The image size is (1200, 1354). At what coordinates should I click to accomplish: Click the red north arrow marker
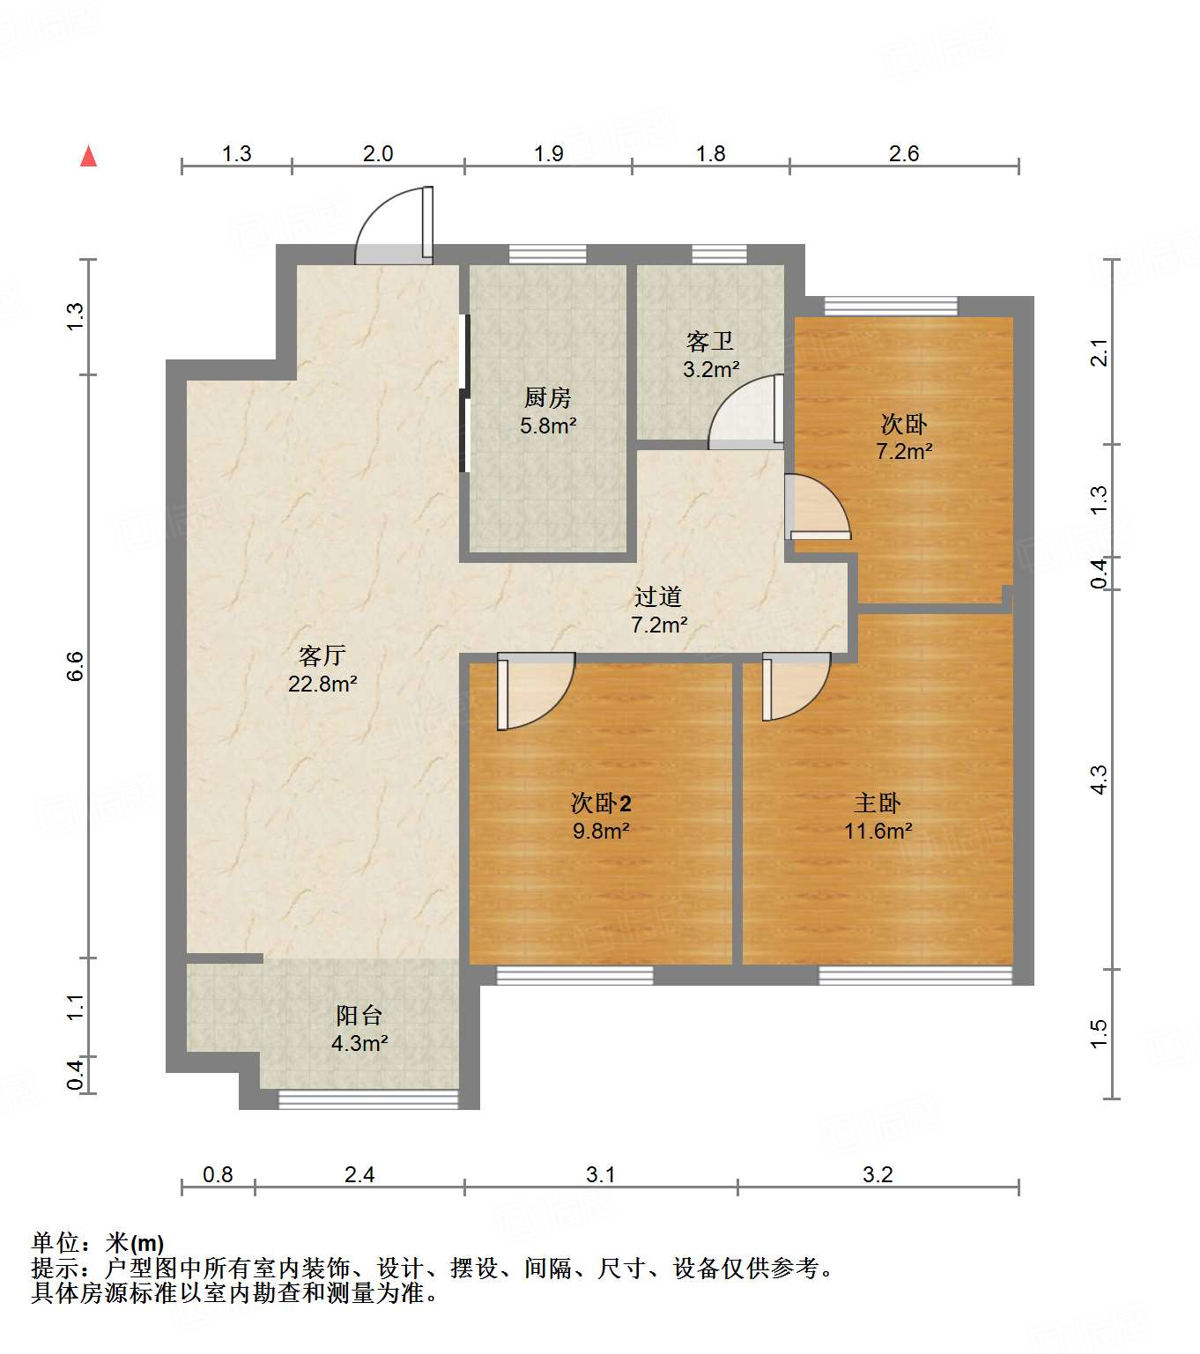(88, 156)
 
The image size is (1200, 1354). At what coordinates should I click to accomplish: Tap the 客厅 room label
(322, 655)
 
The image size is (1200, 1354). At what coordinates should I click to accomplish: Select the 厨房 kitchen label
(547, 397)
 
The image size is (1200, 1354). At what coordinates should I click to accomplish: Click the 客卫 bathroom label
(709, 341)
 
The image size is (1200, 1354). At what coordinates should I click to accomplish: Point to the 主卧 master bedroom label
(878, 803)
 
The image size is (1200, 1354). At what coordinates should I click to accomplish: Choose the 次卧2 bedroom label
(601, 803)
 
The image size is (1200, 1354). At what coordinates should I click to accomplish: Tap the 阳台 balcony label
(359, 1015)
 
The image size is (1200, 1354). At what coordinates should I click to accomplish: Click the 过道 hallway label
(657, 596)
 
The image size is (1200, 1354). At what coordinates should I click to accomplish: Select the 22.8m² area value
(322, 684)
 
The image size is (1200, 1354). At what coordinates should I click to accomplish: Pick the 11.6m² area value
(878, 831)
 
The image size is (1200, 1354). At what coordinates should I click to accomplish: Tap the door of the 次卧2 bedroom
(535, 690)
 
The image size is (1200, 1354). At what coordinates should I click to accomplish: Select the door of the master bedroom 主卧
(795, 685)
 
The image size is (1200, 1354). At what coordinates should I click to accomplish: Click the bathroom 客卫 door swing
(745, 413)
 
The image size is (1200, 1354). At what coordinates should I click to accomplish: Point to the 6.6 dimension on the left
(75, 665)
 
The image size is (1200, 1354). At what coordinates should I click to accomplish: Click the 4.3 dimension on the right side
(1098, 780)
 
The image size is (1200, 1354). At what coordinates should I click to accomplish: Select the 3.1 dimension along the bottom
(600, 1174)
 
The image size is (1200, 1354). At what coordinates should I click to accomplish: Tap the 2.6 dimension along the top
(904, 153)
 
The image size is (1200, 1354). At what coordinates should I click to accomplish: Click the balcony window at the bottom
(368, 1099)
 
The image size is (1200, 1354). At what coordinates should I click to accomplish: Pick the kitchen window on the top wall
(547, 254)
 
